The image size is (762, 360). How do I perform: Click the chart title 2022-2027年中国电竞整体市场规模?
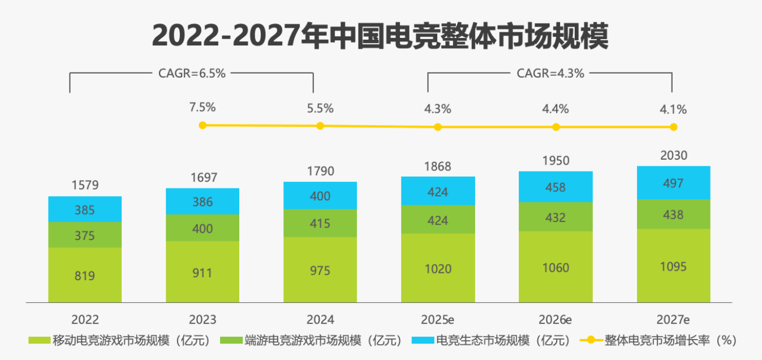[380, 36]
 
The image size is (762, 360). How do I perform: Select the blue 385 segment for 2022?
[85, 209]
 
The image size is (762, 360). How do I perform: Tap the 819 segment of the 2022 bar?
[85, 275]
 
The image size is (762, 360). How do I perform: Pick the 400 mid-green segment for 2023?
[203, 228]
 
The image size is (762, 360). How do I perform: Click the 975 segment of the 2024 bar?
[320, 270]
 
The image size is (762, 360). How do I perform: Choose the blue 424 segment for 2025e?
[438, 191]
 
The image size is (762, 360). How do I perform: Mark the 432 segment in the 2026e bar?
[556, 217]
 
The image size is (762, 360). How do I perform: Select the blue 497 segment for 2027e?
[673, 183]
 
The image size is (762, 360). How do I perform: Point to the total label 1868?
[438, 166]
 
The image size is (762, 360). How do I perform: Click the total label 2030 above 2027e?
[673, 156]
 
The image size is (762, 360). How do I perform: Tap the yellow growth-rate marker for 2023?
[203, 125]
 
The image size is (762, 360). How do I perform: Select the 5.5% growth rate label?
[320, 108]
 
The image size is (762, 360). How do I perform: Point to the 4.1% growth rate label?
[673, 109]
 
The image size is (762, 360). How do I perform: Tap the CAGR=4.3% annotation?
[550, 73]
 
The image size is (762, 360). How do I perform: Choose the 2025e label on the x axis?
[438, 319]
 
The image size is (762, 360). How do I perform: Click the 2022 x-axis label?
[85, 319]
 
